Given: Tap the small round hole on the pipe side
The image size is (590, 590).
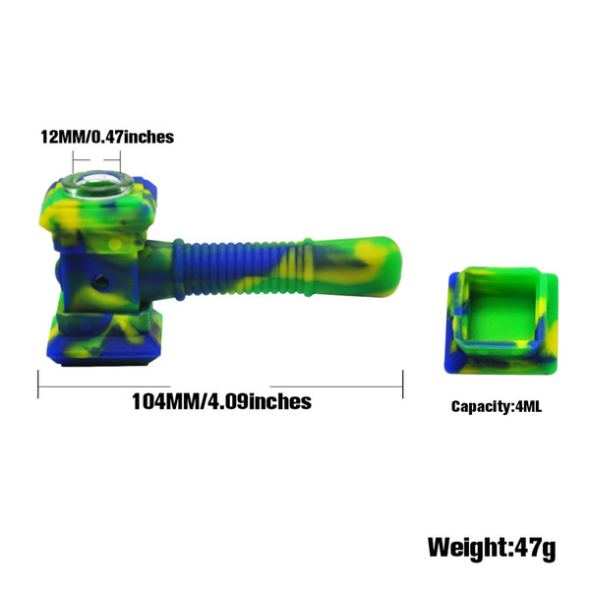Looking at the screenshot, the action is click(100, 280).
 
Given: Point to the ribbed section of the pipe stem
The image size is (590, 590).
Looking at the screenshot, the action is click(242, 267).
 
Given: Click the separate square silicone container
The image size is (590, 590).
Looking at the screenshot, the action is click(501, 321).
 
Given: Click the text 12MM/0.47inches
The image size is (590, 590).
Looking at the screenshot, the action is click(107, 137).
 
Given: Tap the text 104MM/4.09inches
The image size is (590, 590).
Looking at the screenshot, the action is click(221, 401).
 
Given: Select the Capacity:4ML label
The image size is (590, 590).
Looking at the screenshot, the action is click(497, 406).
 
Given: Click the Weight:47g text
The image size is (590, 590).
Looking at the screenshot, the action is click(492, 548).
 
